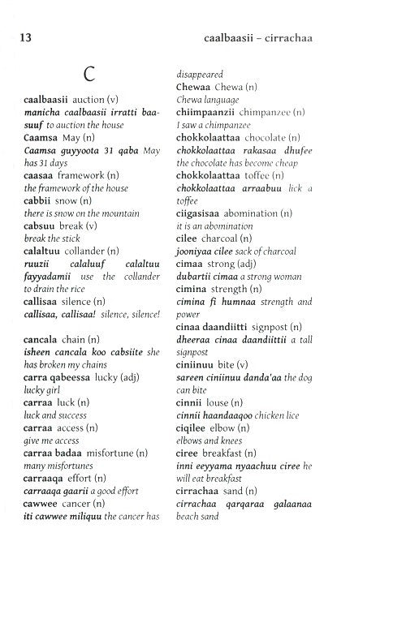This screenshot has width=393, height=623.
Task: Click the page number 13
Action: [x=19, y=37]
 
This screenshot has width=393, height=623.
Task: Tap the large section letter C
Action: [x=90, y=75]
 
